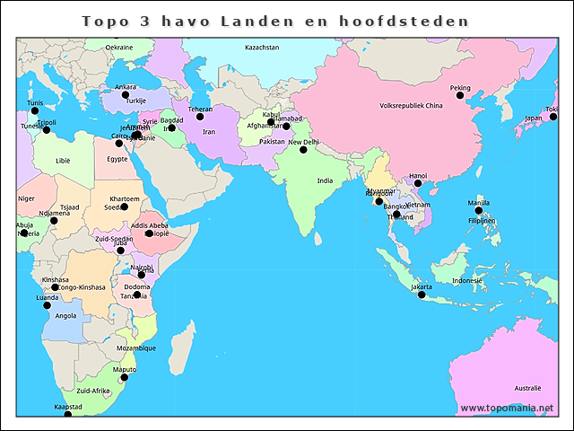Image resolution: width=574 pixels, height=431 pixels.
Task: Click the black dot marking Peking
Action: coord(460,96)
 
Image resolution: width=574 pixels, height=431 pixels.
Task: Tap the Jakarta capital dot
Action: coord(422,295)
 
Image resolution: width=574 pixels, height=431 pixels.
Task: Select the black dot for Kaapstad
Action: coord(67,414)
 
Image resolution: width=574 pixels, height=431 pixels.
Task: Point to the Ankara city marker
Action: coord(126,94)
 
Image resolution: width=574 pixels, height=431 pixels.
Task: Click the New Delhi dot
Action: coord(303,150)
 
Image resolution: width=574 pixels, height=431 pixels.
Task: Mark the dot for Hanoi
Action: coord(418,183)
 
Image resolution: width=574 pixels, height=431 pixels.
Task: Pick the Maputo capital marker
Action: coord(125,377)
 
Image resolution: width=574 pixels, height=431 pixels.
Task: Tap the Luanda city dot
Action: coord(47,304)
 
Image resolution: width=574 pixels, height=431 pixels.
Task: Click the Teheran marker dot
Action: coord(200,117)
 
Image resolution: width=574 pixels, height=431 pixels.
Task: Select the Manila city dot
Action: coord(478,210)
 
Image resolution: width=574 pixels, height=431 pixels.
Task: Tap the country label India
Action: coord(325,180)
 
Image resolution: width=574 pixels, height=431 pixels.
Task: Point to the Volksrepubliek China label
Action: coord(412,106)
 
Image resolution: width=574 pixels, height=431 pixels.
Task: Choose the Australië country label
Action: coord(527,388)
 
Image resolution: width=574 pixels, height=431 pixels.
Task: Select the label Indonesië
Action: coord(467,281)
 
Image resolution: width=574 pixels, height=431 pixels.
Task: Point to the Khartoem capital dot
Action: coord(124,207)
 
